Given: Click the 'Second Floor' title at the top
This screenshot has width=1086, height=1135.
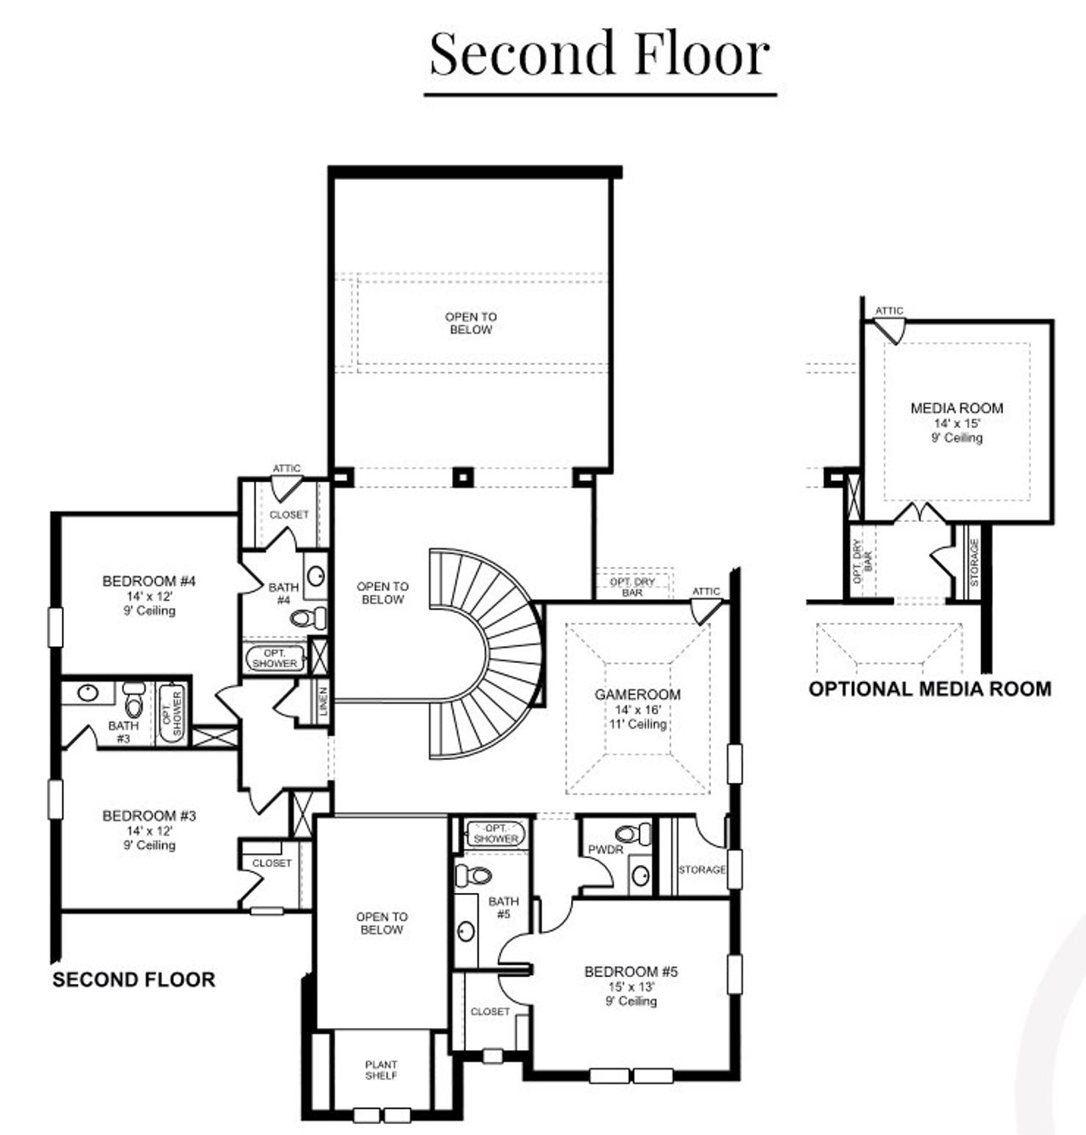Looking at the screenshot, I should tap(600, 53).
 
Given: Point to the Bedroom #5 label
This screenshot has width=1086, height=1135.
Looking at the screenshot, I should tap(632, 971).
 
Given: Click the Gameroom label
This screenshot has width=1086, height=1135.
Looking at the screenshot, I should tap(637, 694).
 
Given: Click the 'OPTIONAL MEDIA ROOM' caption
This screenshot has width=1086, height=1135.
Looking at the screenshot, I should tap(930, 688).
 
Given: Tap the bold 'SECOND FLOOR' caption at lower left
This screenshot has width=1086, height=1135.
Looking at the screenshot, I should tap(134, 980).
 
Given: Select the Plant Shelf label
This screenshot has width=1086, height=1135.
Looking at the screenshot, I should tap(381, 1070).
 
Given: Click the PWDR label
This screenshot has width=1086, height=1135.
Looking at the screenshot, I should tap(606, 850).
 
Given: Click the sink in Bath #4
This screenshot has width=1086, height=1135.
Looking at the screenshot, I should tap(315, 576).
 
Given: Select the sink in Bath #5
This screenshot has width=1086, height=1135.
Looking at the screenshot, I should tap(465, 931).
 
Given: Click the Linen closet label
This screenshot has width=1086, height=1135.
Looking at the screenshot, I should tap(323, 701).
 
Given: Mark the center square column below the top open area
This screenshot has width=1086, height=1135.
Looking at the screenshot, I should tap(461, 476).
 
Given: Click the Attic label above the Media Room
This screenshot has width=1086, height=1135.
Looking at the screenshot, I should tap(889, 311).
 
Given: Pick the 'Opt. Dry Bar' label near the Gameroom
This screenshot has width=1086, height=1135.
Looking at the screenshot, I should tap(632, 587).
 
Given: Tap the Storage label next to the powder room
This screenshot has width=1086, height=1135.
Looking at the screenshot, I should tap(702, 870).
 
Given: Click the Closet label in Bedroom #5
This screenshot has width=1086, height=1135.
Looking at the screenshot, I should tap(490, 1012).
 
